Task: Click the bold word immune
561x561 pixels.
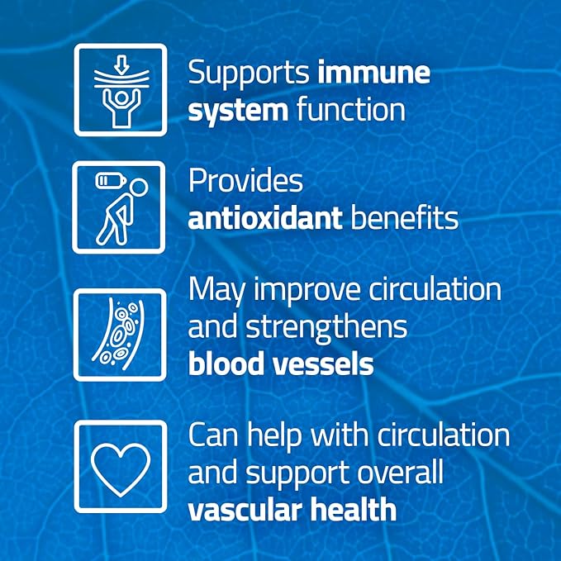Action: click(x=373, y=73)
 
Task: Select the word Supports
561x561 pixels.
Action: click(x=248, y=73)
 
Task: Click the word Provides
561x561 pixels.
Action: click(x=245, y=182)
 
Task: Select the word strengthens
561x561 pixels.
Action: click(x=328, y=326)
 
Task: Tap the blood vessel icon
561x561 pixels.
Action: click(x=120, y=334)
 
